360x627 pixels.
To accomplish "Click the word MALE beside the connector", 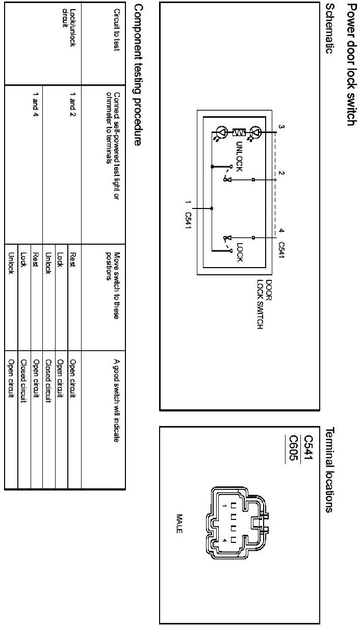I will tap(179, 523).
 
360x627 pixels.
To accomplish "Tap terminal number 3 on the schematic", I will tap(280, 126).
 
